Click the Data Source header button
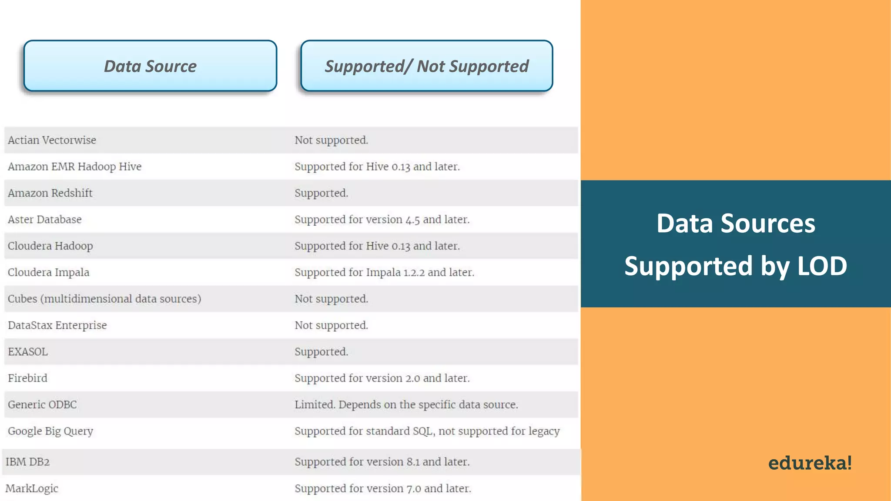coord(150,66)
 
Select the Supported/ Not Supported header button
coord(426,66)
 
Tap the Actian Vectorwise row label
coord(52,140)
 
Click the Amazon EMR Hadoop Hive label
coord(74,167)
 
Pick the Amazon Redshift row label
coord(50,193)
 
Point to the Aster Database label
coord(44,220)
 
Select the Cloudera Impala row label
coord(48,272)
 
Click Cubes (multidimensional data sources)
coord(104,299)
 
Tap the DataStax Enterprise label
coord(57,325)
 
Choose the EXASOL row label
coord(28,352)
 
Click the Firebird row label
coord(27,378)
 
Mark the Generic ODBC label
coord(42,404)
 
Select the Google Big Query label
coord(50,431)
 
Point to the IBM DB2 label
coord(27,462)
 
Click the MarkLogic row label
coord(32,488)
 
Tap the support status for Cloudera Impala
coord(384,272)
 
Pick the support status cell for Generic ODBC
coord(406,404)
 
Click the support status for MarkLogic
coord(383,488)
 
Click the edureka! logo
coord(810,463)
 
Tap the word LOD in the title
coord(822,266)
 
